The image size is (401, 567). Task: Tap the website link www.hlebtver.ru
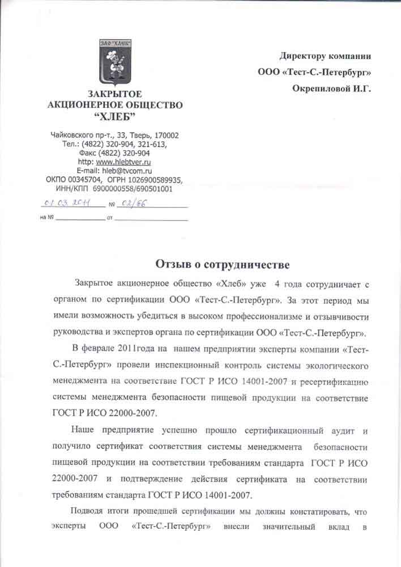[x=123, y=162]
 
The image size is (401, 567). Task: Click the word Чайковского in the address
[x=72, y=136]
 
